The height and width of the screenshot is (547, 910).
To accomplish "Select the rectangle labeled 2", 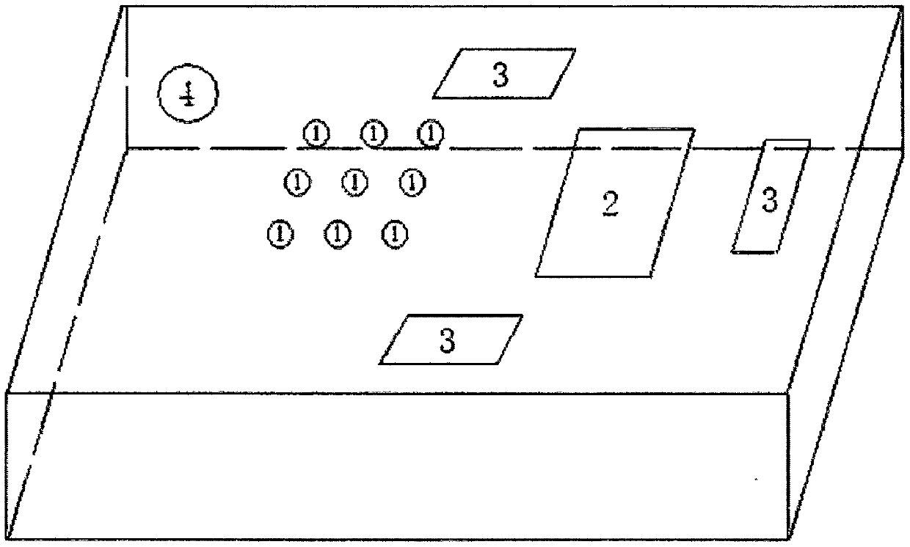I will click(614, 203).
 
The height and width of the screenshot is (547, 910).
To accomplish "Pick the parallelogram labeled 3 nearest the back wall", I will click(503, 74).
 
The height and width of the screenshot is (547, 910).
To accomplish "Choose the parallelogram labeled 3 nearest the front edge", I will click(451, 339).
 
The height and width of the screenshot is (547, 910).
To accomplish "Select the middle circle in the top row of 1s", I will click(374, 133).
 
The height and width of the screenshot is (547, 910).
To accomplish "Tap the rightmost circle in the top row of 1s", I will click(431, 133).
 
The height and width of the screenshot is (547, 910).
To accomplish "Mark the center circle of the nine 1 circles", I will click(355, 182).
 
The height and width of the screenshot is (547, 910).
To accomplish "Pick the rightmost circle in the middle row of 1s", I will click(412, 182).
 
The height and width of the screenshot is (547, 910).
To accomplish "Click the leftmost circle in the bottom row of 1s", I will click(280, 234).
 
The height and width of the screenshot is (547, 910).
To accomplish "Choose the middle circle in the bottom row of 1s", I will click(338, 234).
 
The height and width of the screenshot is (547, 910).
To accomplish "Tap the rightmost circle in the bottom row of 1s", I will click(395, 234).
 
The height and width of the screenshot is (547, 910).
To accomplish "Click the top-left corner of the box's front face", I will click(7, 393).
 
